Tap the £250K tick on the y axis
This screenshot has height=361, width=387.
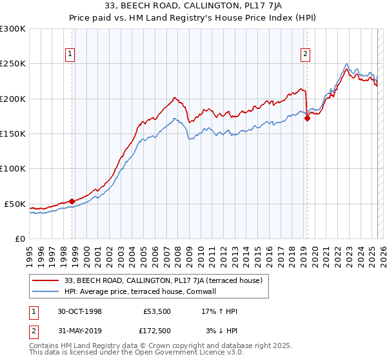click(x=13, y=64)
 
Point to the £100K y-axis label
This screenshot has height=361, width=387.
click(x=13, y=168)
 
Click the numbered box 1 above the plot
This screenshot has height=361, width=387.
click(x=70, y=55)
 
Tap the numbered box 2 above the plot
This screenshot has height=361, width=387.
click(x=304, y=55)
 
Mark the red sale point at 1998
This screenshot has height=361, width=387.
click(x=72, y=201)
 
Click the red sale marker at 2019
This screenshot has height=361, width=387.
click(x=307, y=118)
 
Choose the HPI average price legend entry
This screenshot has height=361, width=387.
click(x=143, y=292)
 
